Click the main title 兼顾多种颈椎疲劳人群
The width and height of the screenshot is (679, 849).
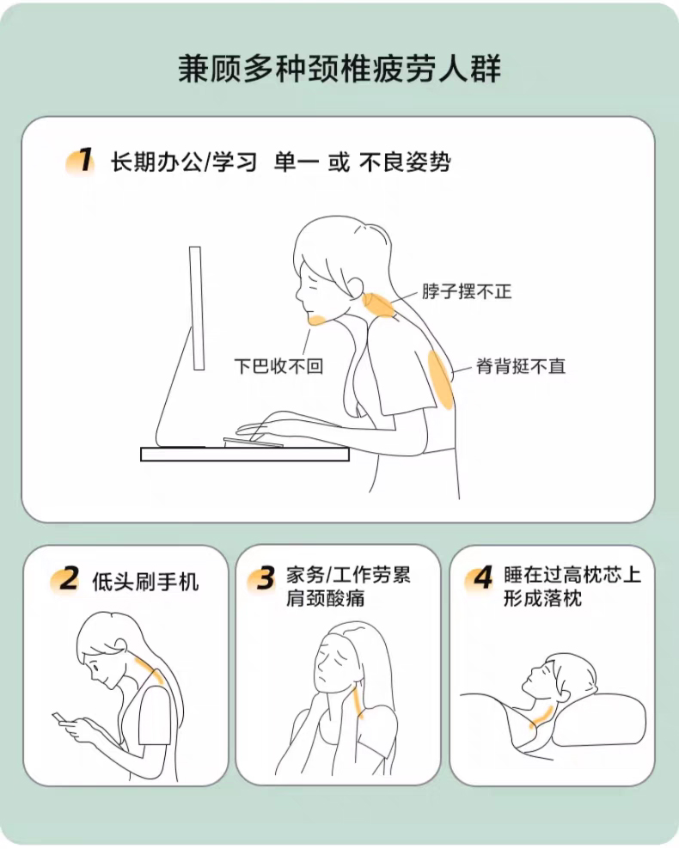click(x=339, y=69)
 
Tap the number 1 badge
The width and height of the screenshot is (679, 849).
click(x=81, y=161)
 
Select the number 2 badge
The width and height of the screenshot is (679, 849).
click(x=65, y=580)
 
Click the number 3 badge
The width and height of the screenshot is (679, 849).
click(x=262, y=579)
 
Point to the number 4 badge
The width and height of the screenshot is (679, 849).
click(x=480, y=579)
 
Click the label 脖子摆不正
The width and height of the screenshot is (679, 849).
click(x=467, y=291)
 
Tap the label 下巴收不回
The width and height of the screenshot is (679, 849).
click(x=278, y=366)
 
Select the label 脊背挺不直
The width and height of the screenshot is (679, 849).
click(x=521, y=366)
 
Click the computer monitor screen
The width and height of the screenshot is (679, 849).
click(x=197, y=308)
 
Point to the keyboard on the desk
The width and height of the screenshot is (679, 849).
click(x=253, y=443)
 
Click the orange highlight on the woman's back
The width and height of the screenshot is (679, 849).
click(x=440, y=380)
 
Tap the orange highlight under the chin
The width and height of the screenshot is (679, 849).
click(x=316, y=320)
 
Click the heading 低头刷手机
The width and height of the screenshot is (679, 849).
click(x=145, y=582)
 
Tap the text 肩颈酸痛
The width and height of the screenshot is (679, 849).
click(x=326, y=598)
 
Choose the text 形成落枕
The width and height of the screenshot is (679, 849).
click(x=542, y=598)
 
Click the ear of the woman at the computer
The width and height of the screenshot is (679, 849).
click(x=357, y=287)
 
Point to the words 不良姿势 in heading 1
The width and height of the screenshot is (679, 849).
click(x=405, y=162)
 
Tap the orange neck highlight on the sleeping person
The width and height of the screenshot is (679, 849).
click(x=541, y=717)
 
